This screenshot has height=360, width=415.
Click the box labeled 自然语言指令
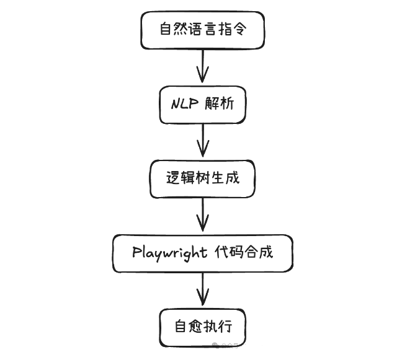203,29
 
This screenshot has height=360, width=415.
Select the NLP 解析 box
203,103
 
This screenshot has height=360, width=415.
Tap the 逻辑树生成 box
203,178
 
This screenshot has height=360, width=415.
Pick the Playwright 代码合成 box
203,253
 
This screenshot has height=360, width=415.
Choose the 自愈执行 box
203,327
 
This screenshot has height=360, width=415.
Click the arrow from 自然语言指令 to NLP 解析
203,66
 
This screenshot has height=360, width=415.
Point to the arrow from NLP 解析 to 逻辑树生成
203,141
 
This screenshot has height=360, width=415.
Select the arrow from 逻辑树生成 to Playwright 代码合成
203,216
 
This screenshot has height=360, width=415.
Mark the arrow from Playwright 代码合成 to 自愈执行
203,290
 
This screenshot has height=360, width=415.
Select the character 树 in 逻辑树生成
203,178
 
